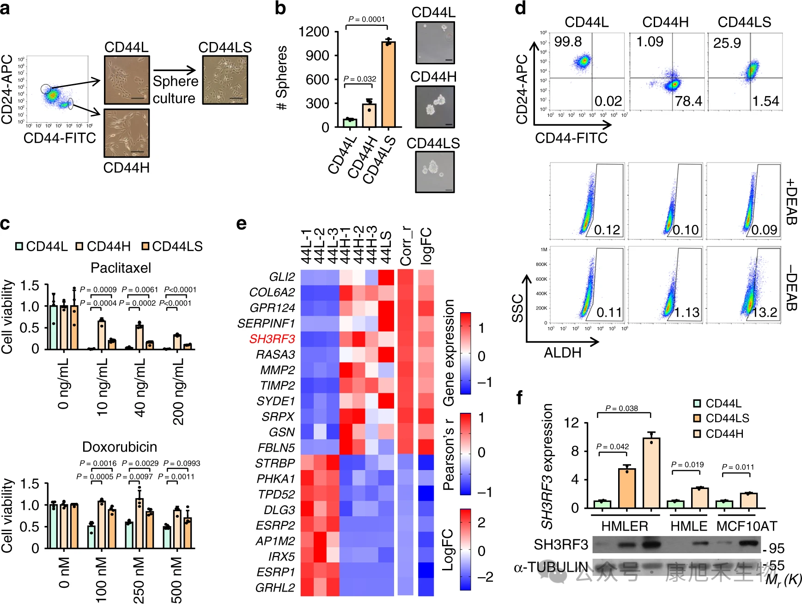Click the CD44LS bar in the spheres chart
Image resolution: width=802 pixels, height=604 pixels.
click(388, 85)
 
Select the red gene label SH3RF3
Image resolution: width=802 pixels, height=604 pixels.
click(272, 339)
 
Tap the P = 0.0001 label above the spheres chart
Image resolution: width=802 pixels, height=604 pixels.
click(366, 19)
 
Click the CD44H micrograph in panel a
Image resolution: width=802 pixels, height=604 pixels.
click(127, 133)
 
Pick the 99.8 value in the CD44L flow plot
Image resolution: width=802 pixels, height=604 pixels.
click(568, 42)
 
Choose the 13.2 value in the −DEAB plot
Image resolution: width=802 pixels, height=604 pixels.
click(765, 313)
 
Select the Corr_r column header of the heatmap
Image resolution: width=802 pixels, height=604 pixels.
click(406, 246)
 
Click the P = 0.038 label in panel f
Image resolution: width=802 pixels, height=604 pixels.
click(621, 408)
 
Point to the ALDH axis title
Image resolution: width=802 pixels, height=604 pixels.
click(562, 353)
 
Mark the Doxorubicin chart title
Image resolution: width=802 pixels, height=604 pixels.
click(120, 447)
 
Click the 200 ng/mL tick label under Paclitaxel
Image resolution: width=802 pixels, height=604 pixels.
click(178, 392)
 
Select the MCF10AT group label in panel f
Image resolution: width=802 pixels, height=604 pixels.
click(747, 526)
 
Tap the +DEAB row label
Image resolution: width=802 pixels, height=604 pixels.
click(791, 201)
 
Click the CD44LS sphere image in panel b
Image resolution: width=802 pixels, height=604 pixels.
click(435, 172)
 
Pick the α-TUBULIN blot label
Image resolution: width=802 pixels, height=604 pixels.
click(551, 567)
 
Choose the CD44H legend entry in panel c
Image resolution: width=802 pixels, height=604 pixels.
click(104, 247)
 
